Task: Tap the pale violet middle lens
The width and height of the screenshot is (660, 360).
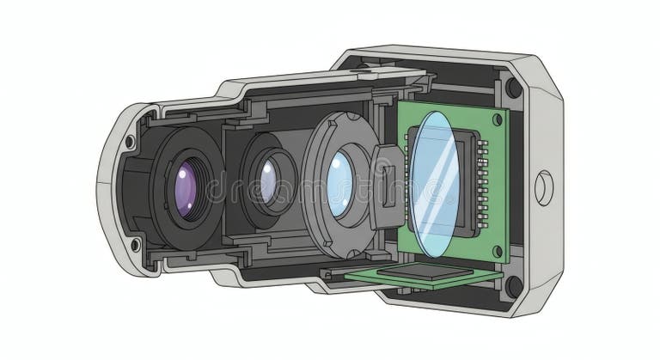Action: click(266, 183)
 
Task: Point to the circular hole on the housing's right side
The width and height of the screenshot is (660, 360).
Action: click(544, 186)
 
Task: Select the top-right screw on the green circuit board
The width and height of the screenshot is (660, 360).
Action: click(496, 120)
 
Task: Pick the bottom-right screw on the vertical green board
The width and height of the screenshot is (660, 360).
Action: click(497, 250)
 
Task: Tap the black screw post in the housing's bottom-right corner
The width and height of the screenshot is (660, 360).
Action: click(513, 286)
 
